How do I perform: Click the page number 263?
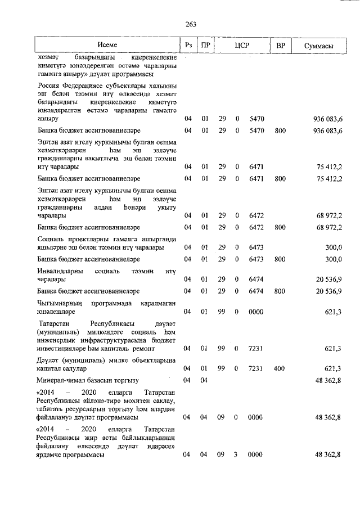click(x=190, y=24)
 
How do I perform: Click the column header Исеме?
click(x=107, y=44)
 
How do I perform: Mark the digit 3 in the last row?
click(x=237, y=454)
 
